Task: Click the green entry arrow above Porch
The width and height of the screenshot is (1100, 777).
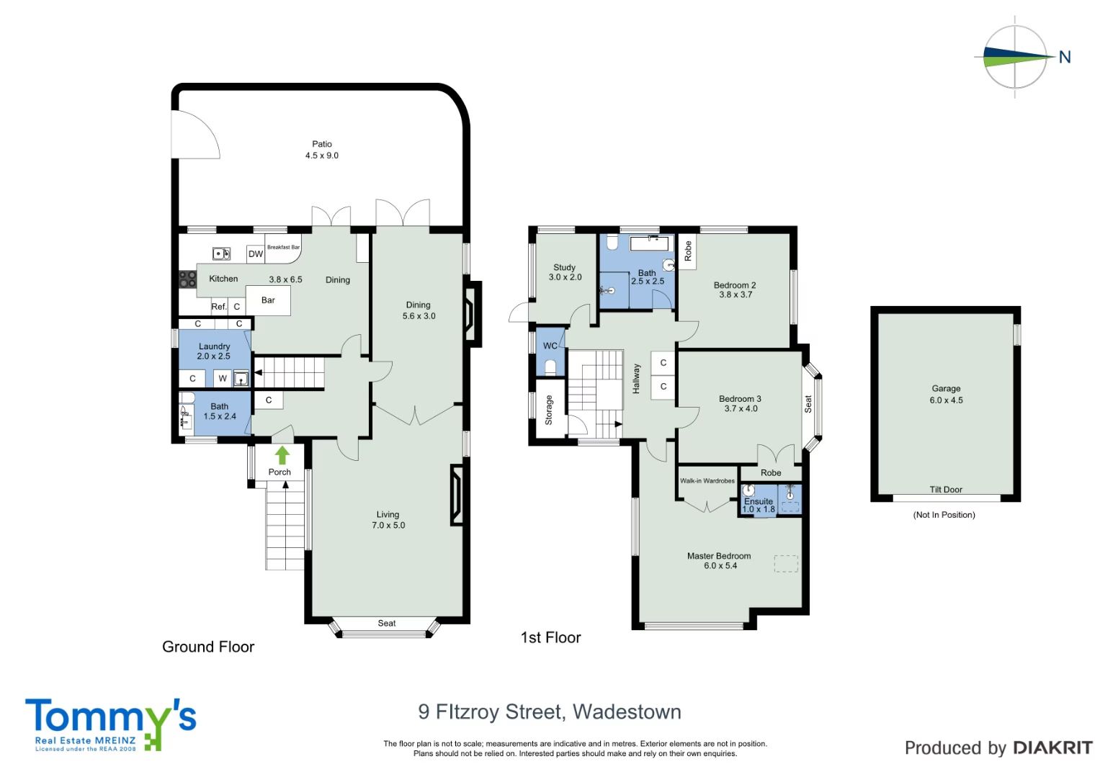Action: point(282,455)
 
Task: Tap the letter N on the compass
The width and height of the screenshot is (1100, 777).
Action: point(1065,58)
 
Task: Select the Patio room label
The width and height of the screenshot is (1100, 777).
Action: point(322,144)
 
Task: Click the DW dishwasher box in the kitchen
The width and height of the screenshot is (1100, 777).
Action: point(255,253)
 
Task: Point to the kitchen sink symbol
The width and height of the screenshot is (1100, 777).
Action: point(221,253)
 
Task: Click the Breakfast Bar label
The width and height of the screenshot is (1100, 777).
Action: point(283,247)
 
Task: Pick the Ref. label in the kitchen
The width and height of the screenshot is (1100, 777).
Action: point(219,307)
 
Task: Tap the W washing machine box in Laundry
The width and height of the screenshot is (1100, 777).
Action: point(223,378)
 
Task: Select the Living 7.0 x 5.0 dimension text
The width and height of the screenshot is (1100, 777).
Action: point(388,525)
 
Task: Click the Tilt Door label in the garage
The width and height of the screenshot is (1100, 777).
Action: point(946,490)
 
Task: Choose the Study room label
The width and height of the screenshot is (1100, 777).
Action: point(564,267)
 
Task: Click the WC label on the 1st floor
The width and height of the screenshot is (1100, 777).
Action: point(550,346)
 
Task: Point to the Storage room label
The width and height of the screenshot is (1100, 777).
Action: point(548,410)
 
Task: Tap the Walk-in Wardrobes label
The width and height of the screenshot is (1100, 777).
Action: point(707,480)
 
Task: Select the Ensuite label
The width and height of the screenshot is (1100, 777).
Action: point(759,501)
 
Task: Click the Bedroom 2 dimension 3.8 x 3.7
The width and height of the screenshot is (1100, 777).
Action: point(735,295)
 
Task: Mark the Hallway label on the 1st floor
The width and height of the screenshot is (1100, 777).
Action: point(636,379)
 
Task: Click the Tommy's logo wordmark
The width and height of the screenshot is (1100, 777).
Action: point(110,718)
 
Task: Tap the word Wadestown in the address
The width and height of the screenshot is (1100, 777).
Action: point(627,711)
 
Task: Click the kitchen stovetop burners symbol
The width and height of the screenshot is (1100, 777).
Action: point(187,279)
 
